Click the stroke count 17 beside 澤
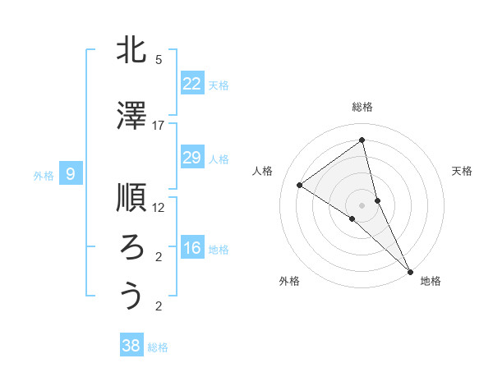159,126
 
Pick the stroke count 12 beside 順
159,207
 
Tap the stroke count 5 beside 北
159,60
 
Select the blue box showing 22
192,84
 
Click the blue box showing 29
192,158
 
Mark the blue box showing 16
192,248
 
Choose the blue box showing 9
71,173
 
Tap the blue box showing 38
131,346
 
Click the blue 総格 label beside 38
158,347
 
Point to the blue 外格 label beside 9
44,175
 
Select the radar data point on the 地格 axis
410,270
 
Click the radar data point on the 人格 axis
300,185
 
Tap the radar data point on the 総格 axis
362,141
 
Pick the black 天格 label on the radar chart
462,171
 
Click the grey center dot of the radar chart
362,204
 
